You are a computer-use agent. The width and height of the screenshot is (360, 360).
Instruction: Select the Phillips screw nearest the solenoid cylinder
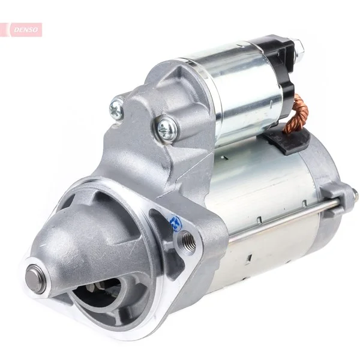pos(167,129)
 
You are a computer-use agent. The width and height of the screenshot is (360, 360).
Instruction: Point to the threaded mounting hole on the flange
pos(188,240)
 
